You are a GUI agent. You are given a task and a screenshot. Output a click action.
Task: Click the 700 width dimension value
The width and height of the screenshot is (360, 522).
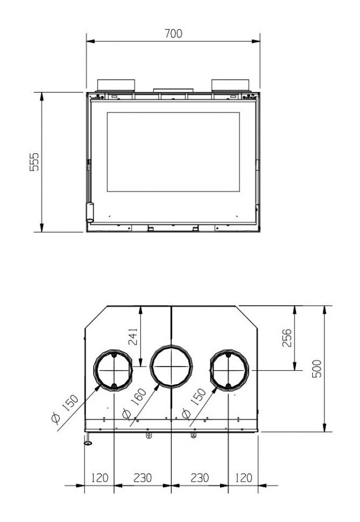pos(173,33)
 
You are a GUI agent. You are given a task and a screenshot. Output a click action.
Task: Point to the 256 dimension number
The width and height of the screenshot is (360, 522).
pos(287,337)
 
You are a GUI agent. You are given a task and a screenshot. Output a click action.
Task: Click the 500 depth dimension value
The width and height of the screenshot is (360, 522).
pos(317,369)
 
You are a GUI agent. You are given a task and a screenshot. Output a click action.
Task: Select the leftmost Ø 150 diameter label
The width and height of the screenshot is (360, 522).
pos(65,410)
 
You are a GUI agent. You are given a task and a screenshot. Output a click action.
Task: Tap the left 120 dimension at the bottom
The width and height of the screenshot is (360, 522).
pos(100,477)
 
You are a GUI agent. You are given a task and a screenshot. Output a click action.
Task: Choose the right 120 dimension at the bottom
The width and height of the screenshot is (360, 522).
pos(243,477)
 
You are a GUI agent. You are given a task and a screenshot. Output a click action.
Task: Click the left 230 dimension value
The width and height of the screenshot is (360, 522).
pos(143,477)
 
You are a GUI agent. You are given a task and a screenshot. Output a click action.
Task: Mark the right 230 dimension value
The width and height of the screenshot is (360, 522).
pos(200,477)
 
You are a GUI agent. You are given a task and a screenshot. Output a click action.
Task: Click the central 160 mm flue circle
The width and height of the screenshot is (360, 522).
pos(171,366)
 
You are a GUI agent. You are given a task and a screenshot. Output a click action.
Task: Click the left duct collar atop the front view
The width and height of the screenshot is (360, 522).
pos(115,86)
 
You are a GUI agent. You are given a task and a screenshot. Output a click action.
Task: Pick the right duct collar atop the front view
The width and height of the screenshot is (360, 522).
pos(230,86)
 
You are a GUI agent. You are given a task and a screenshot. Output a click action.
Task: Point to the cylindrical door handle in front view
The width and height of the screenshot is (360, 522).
pos(90,211)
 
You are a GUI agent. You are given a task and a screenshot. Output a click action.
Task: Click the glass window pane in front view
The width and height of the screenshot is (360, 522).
pos(173,152)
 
